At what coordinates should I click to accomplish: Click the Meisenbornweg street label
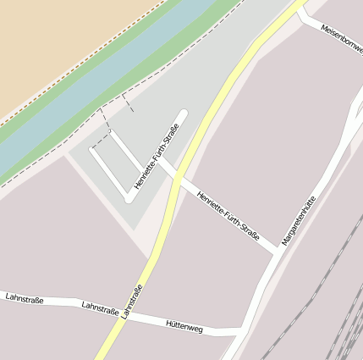coord(341,39)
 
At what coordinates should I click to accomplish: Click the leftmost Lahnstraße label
coord(25,298)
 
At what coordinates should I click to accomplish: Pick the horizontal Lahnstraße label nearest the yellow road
coord(100,309)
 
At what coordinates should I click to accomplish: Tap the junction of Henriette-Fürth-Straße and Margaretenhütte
coord(278,251)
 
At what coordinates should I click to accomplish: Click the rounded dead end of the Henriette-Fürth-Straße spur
coord(181,114)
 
